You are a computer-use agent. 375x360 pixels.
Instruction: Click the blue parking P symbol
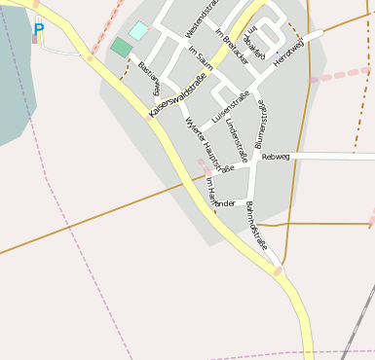pyautogui.click(x=38, y=29)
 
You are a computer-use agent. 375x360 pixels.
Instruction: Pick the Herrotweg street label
pyautogui.click(x=289, y=49)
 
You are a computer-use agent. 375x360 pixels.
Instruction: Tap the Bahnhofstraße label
pyautogui.click(x=256, y=226)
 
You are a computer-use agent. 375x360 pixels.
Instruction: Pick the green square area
pyautogui.click(x=121, y=47)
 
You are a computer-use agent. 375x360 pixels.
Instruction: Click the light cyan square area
pyautogui.click(x=139, y=31)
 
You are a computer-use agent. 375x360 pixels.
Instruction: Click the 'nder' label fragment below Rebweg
pyautogui.click(x=225, y=203)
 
